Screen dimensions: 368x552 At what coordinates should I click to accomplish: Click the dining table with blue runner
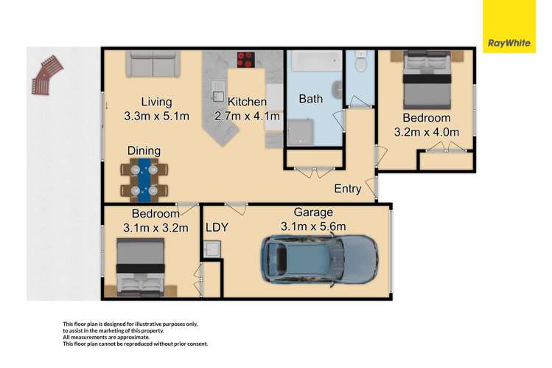tap(144, 179)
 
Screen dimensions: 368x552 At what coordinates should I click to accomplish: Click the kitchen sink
tap(219, 93)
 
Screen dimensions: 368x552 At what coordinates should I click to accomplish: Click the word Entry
tap(348, 189)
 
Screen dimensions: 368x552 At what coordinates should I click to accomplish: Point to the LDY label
tap(217, 228)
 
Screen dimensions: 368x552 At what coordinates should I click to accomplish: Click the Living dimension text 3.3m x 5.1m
tap(156, 116)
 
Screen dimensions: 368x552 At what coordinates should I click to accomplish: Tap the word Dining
tap(144, 150)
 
